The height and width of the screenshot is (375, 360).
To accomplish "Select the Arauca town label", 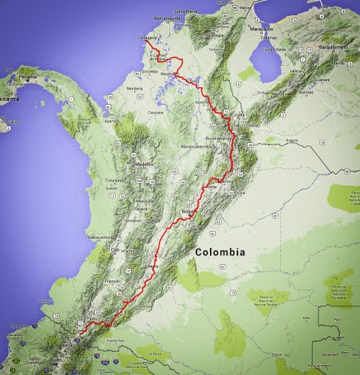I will tap(290, 141).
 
